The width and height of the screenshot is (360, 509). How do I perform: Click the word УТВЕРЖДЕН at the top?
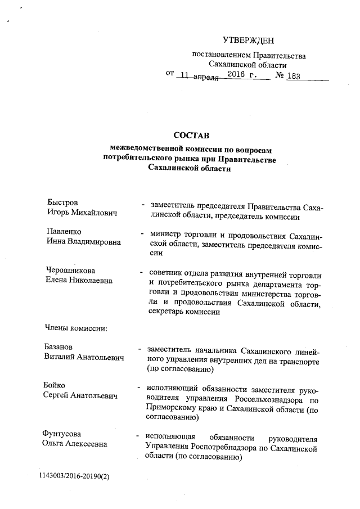coord(248,40)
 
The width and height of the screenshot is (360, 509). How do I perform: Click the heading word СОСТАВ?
coord(191,136)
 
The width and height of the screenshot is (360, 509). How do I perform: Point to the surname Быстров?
coord(62,202)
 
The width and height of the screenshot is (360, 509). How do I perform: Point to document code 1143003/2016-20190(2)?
coord(74,477)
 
